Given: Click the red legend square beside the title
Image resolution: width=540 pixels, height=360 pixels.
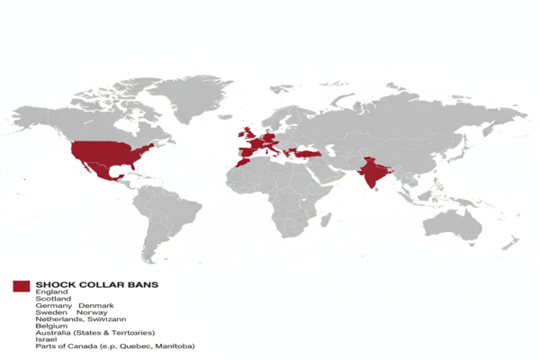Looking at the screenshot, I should pyautogui.click(x=21, y=285).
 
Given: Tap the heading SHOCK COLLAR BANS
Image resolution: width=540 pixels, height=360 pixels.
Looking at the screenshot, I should pyautogui.click(x=97, y=284).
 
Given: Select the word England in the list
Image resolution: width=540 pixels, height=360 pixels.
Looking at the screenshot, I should pyautogui.click(x=51, y=292).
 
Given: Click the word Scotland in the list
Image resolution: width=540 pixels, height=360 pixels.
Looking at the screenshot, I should pyautogui.click(x=53, y=300).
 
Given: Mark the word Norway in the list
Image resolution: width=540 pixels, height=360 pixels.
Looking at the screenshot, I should pyautogui.click(x=93, y=313).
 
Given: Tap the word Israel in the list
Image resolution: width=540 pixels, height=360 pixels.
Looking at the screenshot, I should pyautogui.click(x=46, y=339).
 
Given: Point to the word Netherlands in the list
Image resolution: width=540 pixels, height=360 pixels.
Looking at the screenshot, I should pyautogui.click(x=59, y=319).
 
